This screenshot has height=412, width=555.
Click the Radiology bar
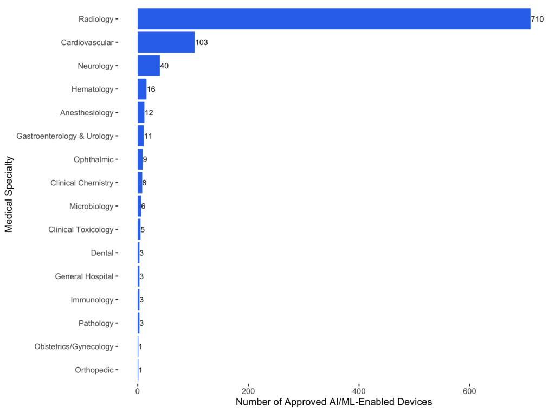[333, 19]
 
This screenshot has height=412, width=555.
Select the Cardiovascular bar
[166, 42]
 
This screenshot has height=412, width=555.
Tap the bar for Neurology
[149, 66]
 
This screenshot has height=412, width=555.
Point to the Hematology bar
[142, 89]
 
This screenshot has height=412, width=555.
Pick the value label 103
[202, 42]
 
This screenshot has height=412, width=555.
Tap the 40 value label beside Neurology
[164, 66]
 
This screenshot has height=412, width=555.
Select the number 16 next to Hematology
[151, 89]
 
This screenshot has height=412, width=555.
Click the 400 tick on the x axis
[358, 391]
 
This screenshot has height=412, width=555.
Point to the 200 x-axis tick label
[248, 391]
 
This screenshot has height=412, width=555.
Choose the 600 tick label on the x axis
[469, 391]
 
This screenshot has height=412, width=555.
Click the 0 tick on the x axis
[138, 391]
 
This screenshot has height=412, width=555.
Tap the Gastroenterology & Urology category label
[65, 136]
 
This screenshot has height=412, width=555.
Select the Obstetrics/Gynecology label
[74, 346]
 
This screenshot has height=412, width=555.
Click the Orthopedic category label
[94, 370]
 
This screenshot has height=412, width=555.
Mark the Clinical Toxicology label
[81, 229]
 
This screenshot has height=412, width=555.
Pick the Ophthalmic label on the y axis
[93, 159]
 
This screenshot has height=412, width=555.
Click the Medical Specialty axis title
[9, 195]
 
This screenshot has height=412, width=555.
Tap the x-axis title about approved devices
[334, 403]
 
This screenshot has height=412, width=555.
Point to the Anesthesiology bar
[141, 113]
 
